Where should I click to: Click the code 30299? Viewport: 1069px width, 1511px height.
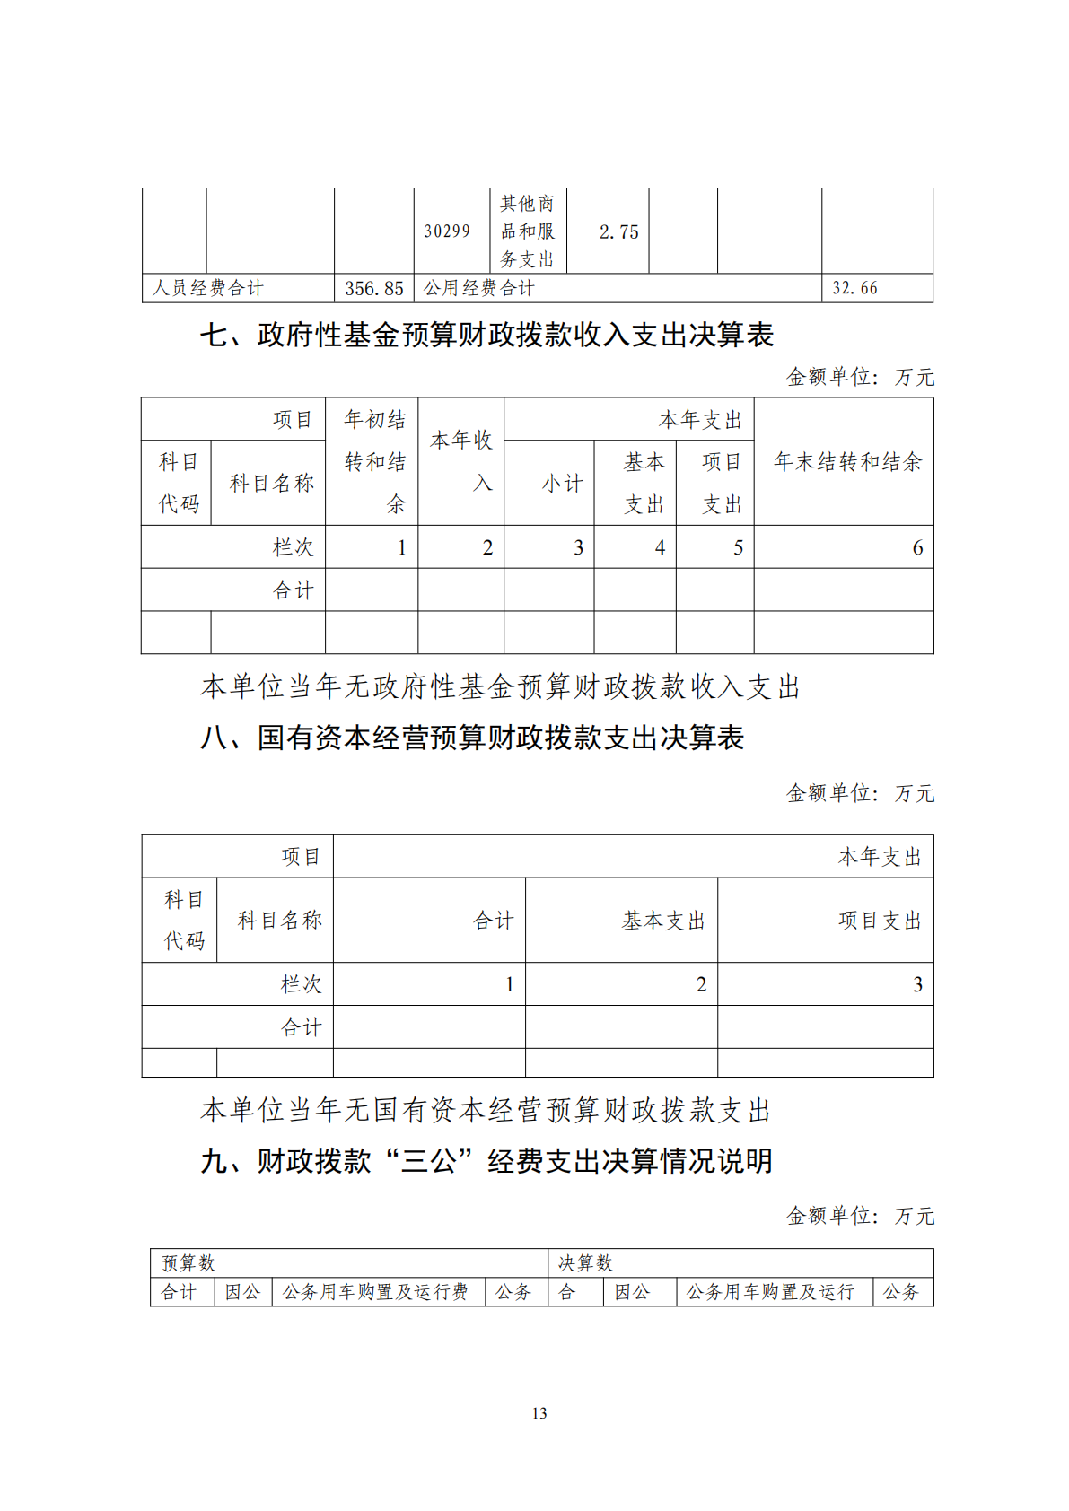(447, 231)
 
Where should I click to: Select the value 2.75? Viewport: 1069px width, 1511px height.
(618, 232)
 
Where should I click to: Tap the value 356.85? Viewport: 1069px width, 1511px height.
(374, 289)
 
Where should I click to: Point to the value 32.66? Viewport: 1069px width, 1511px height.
(854, 289)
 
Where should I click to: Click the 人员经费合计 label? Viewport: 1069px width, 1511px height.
(208, 289)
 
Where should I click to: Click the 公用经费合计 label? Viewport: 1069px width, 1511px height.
(479, 289)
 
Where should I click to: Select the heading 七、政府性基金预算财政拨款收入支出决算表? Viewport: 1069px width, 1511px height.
(486, 336)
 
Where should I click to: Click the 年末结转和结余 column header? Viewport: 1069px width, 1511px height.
(847, 462)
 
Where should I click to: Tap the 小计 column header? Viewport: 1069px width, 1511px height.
(562, 484)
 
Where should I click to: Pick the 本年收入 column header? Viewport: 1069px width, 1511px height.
(461, 461)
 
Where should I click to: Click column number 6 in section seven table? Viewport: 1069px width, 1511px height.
(917, 547)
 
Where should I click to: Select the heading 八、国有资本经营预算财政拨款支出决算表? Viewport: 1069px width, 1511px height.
(472, 738)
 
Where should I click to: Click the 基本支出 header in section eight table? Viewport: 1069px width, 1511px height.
(663, 921)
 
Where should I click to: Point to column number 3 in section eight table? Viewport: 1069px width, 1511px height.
(917, 984)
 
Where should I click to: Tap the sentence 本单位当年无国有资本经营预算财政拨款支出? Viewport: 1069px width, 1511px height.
(486, 1111)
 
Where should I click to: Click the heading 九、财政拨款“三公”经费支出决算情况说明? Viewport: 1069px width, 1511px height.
(486, 1162)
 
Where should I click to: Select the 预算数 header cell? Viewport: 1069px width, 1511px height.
(188, 1263)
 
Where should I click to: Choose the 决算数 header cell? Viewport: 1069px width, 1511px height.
(585, 1263)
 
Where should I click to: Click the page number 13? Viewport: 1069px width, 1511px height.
(539, 1413)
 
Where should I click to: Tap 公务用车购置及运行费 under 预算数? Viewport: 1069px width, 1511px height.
(375, 1292)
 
